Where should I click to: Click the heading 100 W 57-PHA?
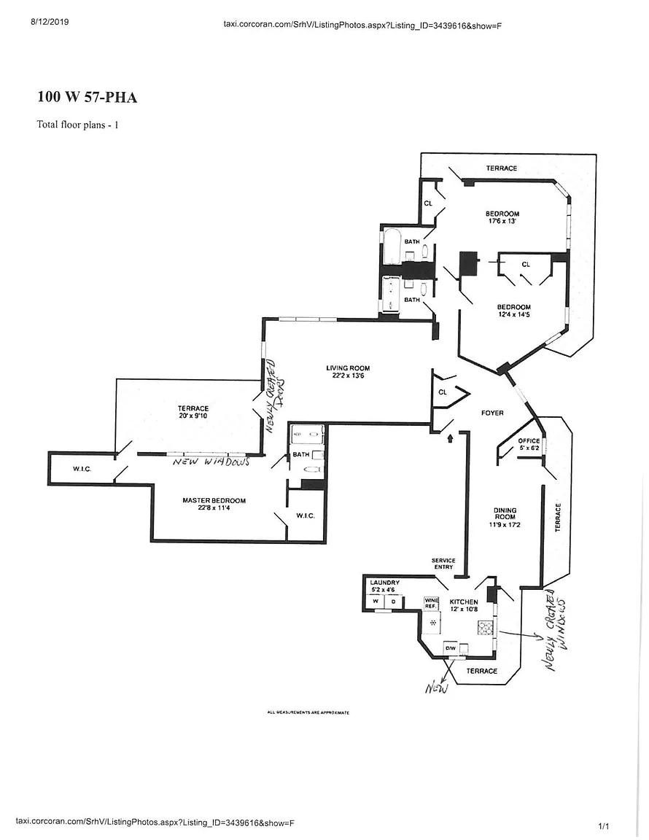[87, 97]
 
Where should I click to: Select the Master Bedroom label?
[214, 500]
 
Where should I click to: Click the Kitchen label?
[463, 602]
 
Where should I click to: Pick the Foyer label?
[492, 413]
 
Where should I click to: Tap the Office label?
[529, 441]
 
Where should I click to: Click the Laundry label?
[384, 583]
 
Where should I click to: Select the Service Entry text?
[443, 563]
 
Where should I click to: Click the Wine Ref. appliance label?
[430, 603]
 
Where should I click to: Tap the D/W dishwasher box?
[451, 647]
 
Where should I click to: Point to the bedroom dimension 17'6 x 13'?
[502, 222]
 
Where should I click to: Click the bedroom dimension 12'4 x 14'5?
[514, 315]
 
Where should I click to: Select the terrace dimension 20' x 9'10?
[193, 416]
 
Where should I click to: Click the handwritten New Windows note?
[211, 462]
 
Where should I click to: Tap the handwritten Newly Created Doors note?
[274, 395]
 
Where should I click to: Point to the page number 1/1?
[603, 825]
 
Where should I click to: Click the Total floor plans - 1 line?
[77, 125]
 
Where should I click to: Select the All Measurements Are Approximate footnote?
[308, 712]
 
